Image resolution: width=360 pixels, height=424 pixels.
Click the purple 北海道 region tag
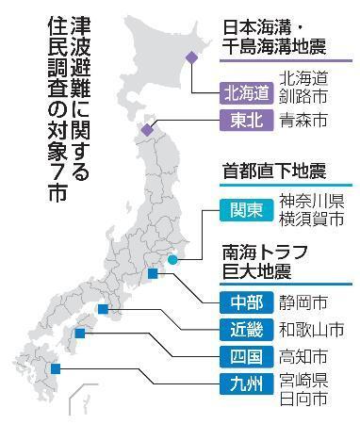(247, 92)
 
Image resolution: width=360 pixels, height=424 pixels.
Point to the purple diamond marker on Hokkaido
(191, 57)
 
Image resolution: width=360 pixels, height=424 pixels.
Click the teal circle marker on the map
(173, 259)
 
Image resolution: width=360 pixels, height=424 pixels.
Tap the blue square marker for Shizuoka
(152, 274)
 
